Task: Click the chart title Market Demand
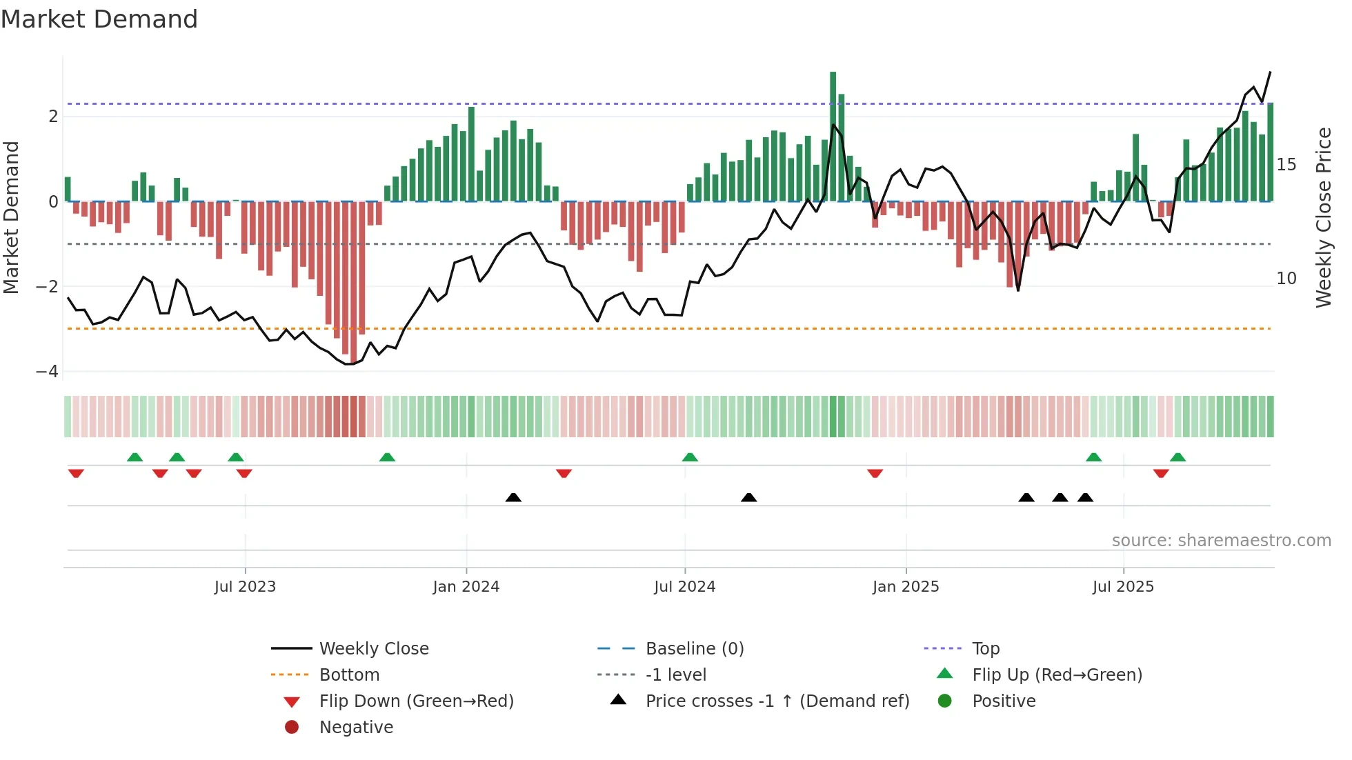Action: pos(99,19)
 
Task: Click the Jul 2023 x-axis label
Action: pos(245,587)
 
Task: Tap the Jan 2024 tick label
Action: pos(466,587)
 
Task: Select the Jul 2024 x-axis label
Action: pos(684,587)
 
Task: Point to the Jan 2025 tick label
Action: pos(905,587)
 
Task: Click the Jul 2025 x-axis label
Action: pos(1123,587)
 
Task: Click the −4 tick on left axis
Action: pos(47,372)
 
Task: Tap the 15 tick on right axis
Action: pos(1286,165)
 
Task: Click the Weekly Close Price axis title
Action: pos(1323,217)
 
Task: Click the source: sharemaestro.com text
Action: pos(1221,541)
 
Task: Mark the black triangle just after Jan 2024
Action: pos(513,497)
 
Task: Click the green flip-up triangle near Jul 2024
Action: pos(690,457)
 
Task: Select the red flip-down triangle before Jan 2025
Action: pos(875,473)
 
